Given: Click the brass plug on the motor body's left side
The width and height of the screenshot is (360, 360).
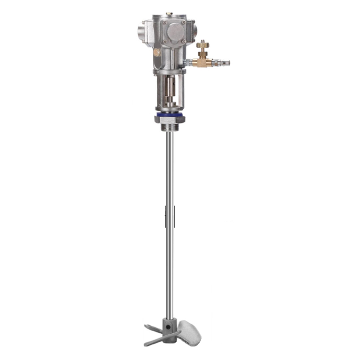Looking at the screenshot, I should [156, 53].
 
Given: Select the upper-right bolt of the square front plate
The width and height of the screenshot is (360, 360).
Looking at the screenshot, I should [184, 22].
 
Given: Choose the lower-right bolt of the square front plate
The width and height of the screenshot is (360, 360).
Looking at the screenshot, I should [184, 42].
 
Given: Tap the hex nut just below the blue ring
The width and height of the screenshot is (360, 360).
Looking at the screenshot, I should [169, 120].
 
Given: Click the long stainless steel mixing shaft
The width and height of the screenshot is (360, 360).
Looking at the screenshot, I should [169, 220].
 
